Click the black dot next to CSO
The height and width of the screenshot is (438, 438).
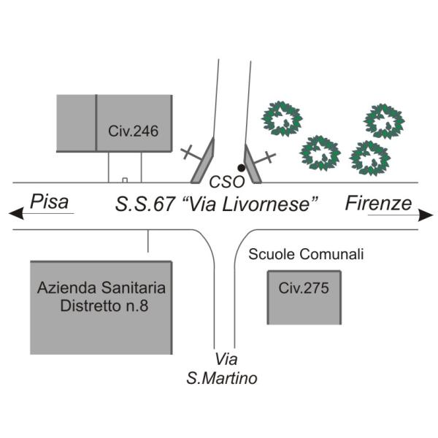point(242,168)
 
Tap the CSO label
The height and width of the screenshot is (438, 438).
point(227,182)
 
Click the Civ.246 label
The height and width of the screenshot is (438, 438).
point(134,131)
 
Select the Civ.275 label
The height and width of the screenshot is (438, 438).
point(304,288)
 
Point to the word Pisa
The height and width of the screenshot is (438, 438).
point(49,201)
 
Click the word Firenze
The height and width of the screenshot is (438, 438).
point(378,203)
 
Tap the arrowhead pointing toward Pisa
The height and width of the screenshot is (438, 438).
point(16,214)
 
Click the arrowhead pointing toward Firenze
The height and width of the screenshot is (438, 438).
point(426,215)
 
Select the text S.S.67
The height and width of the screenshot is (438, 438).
point(145,204)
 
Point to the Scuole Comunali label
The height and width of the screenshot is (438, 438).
point(306,254)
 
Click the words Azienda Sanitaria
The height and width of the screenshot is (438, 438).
point(101,288)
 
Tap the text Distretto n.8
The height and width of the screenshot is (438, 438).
point(104,306)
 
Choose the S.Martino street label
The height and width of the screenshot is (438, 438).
point(222,378)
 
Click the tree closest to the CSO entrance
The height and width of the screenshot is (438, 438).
point(282,119)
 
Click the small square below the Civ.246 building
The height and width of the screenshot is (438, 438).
point(125,180)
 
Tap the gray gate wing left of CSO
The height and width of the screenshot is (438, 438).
point(203,161)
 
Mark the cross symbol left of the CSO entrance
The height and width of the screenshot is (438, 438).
point(191,153)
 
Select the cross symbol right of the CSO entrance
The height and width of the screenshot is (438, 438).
point(266,158)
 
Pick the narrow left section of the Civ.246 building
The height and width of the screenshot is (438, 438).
point(76,123)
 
